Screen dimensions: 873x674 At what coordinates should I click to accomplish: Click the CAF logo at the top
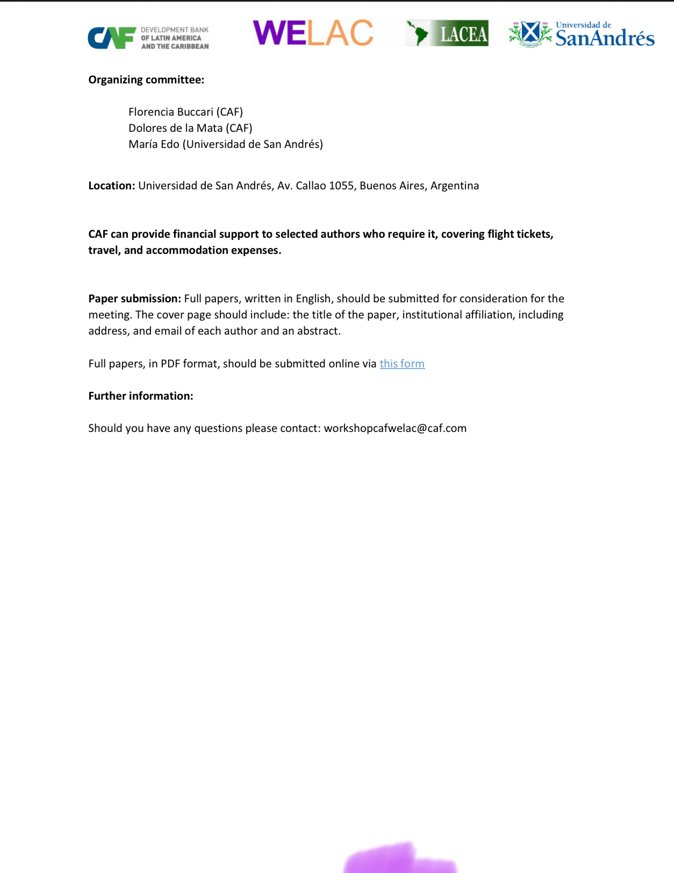148,38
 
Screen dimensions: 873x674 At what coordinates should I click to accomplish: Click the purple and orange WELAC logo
313,33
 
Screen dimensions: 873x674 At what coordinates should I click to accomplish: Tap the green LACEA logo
447,33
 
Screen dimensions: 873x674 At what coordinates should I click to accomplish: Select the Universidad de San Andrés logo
582,35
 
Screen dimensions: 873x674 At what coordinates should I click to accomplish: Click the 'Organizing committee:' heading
146,80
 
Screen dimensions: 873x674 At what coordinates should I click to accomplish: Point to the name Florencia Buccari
171,112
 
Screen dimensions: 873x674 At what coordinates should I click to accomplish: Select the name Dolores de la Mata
175,128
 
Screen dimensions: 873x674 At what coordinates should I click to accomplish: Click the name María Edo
154,144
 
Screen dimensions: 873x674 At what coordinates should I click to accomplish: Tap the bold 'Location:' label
111,186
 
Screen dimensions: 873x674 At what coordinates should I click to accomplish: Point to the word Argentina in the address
454,186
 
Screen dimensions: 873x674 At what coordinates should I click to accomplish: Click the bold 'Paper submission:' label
134,299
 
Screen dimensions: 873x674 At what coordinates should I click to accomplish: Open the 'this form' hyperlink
401,364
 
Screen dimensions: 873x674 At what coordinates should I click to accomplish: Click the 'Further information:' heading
140,396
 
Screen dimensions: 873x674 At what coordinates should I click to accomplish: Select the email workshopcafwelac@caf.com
395,428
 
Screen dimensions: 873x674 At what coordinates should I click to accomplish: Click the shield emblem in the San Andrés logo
530,33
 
